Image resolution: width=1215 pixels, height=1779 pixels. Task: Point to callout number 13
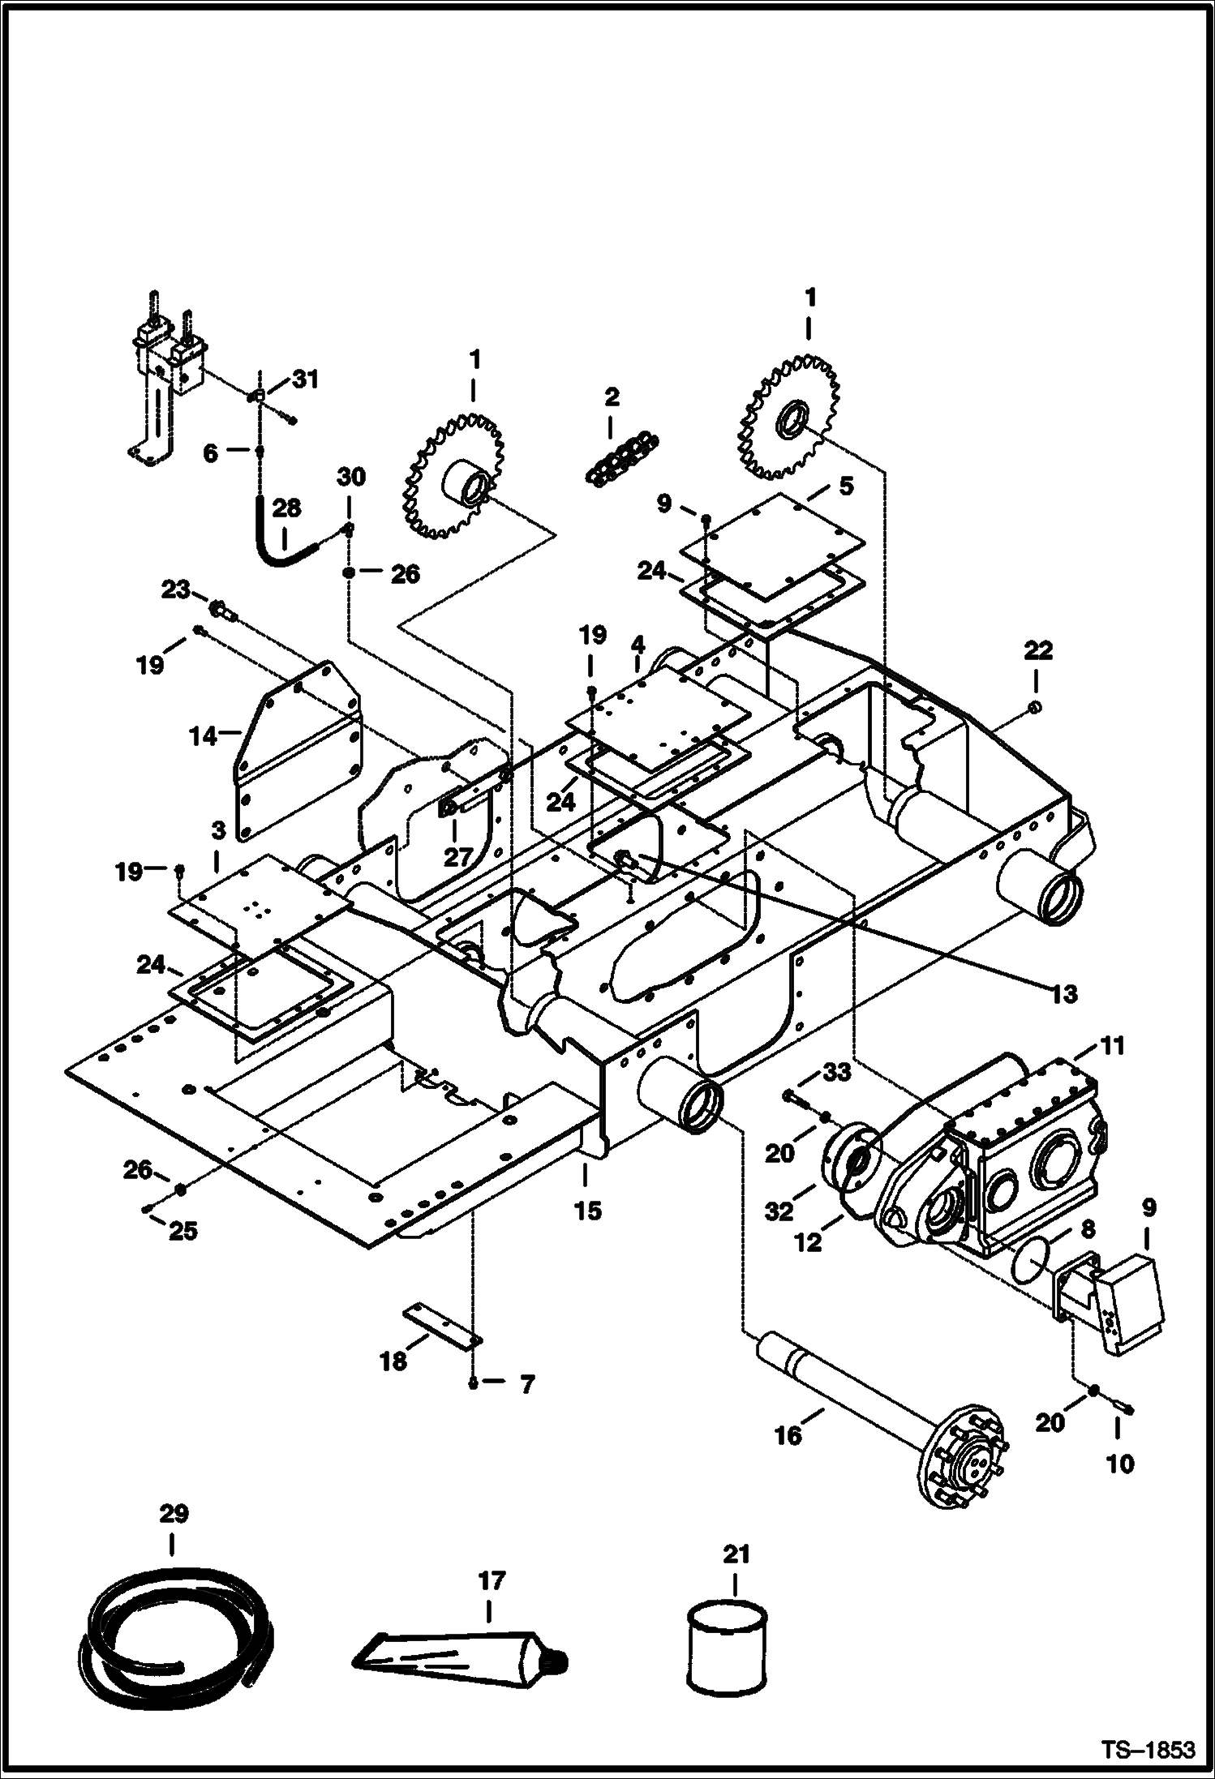tap(1063, 993)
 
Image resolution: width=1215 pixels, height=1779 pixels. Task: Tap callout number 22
tap(1039, 649)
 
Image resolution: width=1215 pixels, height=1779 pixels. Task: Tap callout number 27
tap(458, 856)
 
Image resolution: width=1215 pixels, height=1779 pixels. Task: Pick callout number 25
tap(182, 1231)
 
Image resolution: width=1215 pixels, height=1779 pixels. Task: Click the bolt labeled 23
tap(221, 610)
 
